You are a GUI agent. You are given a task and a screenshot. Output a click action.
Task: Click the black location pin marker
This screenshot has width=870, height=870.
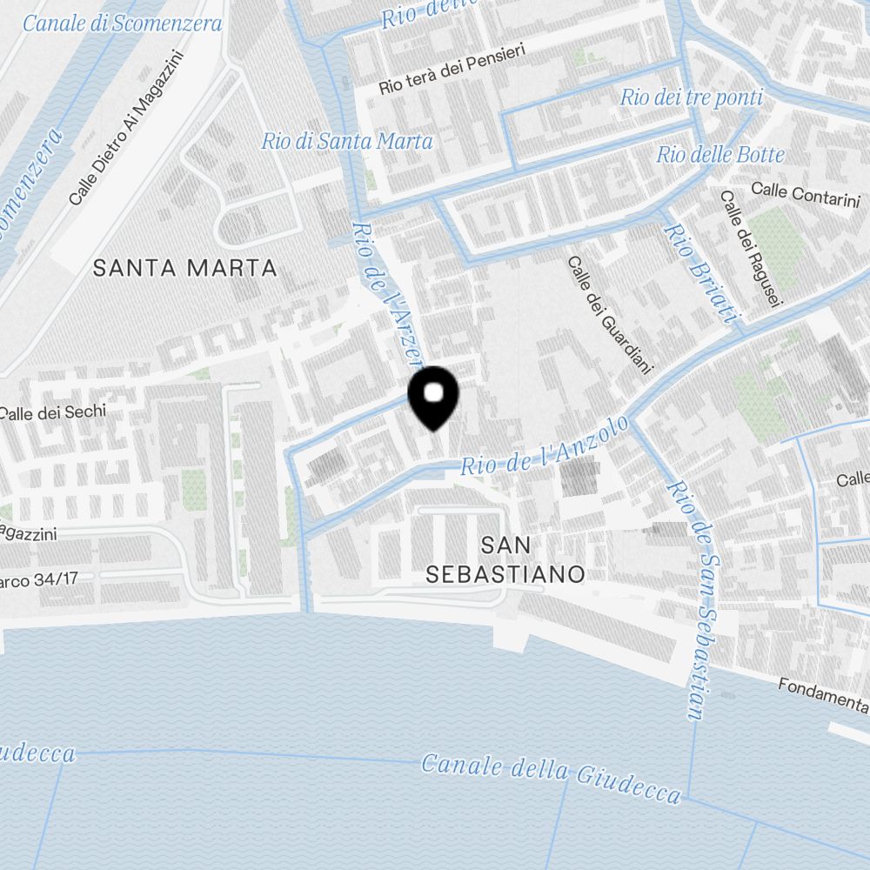(433, 397)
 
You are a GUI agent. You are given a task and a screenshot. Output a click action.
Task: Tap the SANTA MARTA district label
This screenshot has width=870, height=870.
(184, 268)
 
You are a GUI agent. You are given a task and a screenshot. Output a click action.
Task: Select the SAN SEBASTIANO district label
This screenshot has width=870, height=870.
(505, 559)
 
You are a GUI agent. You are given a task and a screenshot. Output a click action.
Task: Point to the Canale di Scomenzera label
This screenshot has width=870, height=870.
(122, 23)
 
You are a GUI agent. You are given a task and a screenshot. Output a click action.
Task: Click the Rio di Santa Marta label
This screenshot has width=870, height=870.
(347, 141)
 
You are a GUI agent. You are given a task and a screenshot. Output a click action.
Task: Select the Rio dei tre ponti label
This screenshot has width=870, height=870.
(691, 97)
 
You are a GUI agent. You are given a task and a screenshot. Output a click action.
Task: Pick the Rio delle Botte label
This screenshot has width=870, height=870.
(720, 156)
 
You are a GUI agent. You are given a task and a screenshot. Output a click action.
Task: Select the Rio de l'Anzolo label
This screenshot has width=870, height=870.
(545, 445)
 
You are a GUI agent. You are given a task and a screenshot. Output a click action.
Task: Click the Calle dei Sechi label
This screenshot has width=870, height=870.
(53, 412)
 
